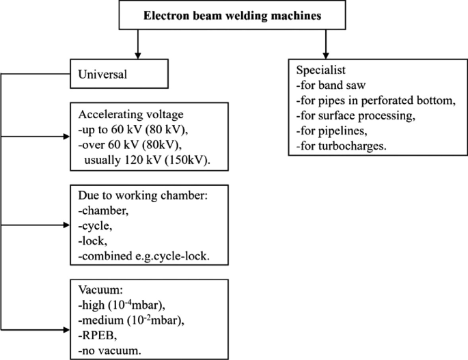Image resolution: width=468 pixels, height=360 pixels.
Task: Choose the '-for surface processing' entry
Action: tap(355, 116)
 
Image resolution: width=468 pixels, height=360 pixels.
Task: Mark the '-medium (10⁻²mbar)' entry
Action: tap(130, 320)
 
